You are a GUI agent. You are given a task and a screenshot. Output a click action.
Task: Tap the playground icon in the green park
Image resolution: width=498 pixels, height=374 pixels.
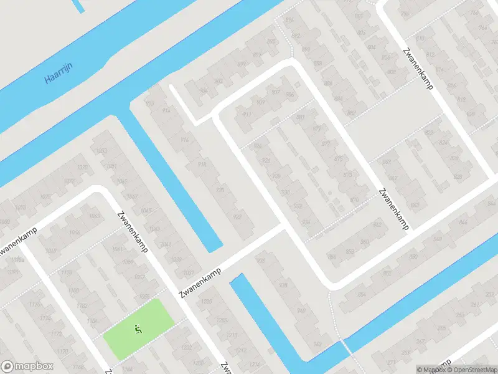pyautogui.click(x=137, y=328)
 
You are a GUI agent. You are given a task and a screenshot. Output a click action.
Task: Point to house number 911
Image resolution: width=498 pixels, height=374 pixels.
pyautogui.click(x=247, y=115)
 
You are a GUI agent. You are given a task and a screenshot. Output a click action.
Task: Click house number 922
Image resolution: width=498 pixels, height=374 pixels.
pyautogui.click(x=237, y=216)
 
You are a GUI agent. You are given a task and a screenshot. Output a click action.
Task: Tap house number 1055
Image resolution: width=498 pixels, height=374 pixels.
pyautogui.click(x=145, y=296)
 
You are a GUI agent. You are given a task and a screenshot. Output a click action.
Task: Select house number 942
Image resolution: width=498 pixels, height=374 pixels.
pyautogui.click(x=317, y=343)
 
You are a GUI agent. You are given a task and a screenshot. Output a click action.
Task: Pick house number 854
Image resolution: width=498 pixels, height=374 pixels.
pyautogui.click(x=362, y=294)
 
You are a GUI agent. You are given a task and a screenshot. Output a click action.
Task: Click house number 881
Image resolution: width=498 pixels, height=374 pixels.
pyautogui.click(x=301, y=117)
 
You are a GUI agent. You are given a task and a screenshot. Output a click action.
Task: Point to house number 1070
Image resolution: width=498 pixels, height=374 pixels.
pyautogui.click(x=81, y=167)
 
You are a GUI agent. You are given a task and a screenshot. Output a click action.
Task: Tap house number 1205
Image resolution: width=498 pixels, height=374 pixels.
pyautogui.click(x=206, y=300)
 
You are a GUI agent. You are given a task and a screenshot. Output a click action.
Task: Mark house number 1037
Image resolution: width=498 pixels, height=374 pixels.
pyautogui.click(x=189, y=272)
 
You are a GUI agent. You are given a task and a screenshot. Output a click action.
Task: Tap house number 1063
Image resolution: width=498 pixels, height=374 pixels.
pyautogui.click(x=94, y=216)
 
